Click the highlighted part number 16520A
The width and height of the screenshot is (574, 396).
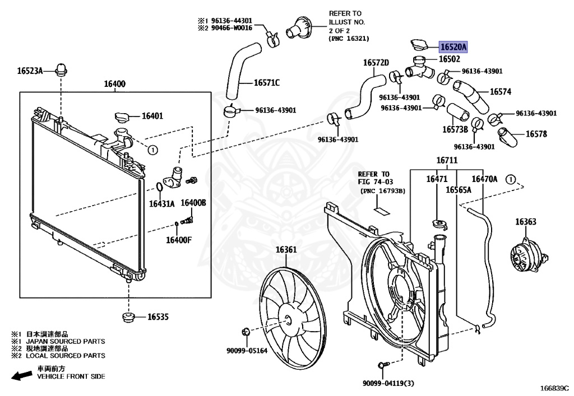453,48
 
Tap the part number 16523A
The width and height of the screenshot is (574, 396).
30,71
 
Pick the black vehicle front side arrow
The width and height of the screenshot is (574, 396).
22,375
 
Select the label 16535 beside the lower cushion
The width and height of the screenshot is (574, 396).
158,317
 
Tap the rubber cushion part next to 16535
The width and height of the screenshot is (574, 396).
129,317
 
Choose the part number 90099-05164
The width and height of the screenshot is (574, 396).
247,351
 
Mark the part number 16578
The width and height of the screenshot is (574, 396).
536,134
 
